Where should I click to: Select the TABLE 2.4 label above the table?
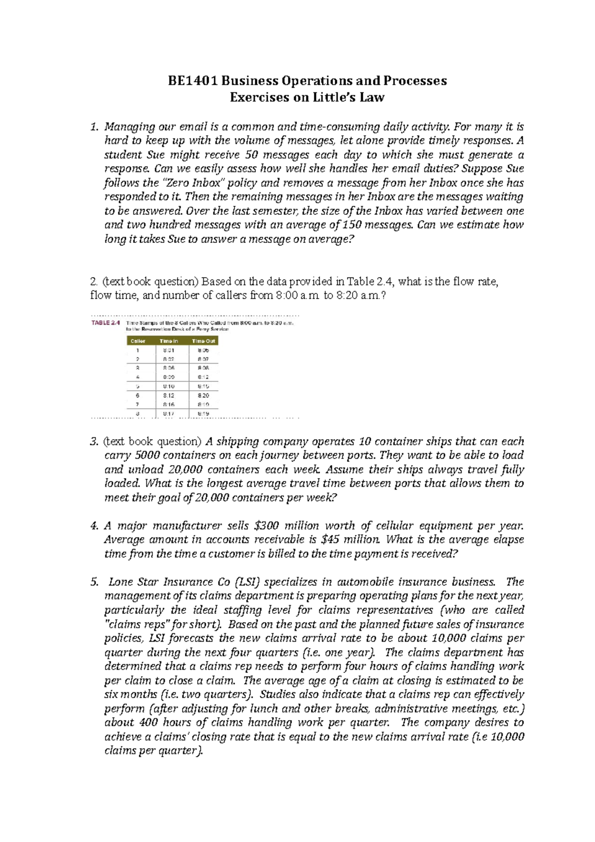[106, 323]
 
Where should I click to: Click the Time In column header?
[169, 341]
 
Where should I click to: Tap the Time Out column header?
[203, 341]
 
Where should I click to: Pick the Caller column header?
[138, 341]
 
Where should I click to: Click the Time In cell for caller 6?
[169, 396]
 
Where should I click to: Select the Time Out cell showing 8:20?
[203, 396]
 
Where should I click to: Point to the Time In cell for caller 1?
[169, 350]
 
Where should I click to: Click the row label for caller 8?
[138, 413]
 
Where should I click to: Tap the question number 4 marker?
[94, 526]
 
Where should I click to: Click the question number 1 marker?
[94, 126]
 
